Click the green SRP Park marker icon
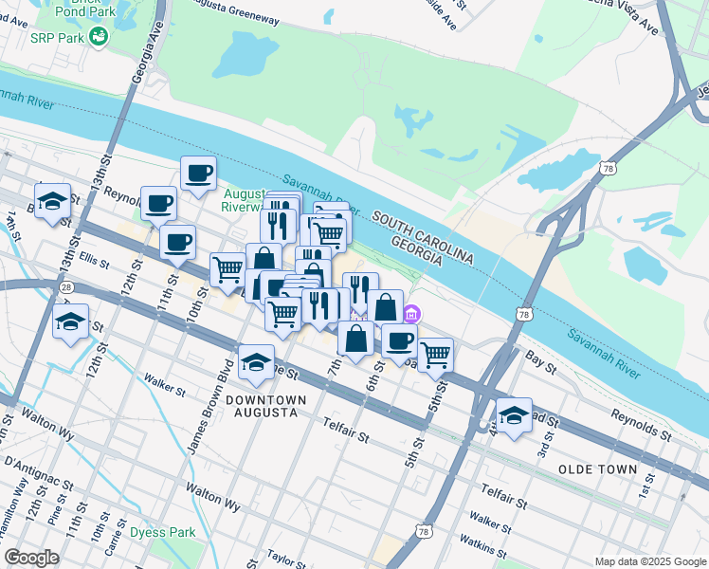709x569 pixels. pyautogui.click(x=98, y=36)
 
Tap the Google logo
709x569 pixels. pyautogui.click(x=31, y=558)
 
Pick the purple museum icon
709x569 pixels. pyautogui.click(x=411, y=314)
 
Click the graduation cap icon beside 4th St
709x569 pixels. pyautogui.click(x=514, y=415)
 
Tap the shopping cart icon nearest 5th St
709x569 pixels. pyautogui.click(x=435, y=355)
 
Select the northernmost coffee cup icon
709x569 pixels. pyautogui.click(x=198, y=173)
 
